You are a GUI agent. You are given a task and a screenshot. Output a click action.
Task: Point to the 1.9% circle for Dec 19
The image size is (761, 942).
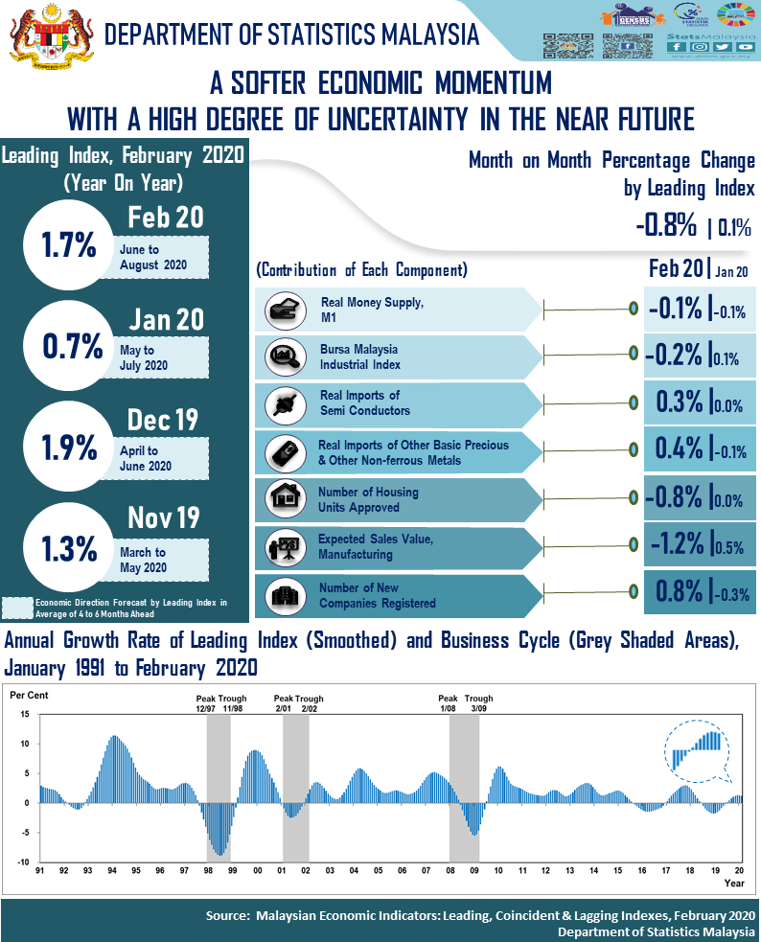69,448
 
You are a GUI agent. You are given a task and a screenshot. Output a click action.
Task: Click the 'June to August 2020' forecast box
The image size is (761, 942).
163,257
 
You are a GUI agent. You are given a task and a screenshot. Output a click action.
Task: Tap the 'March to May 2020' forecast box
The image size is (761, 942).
163,559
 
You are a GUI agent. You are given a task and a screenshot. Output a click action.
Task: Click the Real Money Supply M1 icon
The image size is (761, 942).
284,310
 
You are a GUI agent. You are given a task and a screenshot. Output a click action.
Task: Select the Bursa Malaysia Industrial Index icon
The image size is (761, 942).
284,356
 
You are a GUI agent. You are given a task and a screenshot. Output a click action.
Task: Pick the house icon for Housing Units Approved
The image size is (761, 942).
284,498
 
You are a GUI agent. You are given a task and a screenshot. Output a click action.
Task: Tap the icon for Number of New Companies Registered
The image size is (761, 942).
284,595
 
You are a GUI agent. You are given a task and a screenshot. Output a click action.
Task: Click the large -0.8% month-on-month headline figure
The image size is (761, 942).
665,226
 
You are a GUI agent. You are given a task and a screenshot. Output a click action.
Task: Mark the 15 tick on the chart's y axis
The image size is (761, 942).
26,715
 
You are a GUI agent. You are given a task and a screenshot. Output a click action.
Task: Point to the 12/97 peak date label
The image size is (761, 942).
206,708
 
